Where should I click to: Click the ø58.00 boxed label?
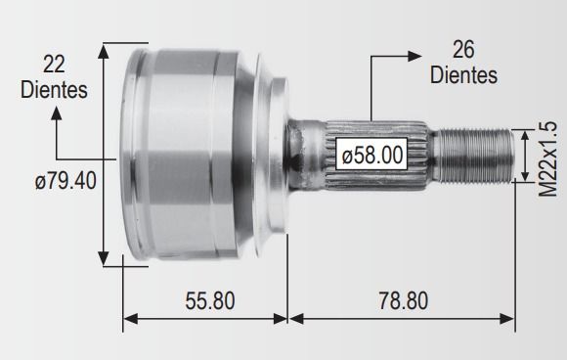[371, 154]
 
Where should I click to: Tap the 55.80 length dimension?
[210, 300]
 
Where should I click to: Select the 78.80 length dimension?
[403, 300]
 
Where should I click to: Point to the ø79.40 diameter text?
[65, 181]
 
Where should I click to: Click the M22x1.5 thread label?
[547, 159]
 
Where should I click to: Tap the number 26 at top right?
[463, 50]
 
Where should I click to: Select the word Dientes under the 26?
[463, 75]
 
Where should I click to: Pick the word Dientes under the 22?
[54, 89]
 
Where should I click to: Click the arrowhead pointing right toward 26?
[414, 56]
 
